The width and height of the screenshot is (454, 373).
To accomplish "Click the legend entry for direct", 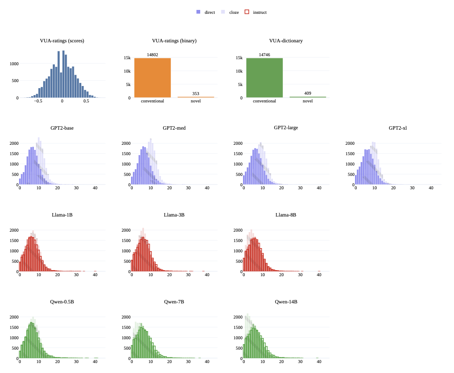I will coord(206,12).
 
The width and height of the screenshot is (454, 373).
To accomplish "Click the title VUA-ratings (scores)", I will coord(62,41).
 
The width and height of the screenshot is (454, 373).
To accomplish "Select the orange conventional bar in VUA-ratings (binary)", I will coord(152,78).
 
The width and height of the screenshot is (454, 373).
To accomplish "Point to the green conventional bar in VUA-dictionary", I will coord(264,78).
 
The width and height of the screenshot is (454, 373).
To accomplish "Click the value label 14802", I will coord(152,54).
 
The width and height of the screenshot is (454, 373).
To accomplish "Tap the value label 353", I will coord(195,93).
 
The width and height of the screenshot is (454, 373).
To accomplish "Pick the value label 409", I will coord(307,93).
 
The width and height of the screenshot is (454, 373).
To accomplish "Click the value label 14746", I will coord(264,54).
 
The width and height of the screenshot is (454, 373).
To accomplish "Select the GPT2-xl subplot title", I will coord(397,128).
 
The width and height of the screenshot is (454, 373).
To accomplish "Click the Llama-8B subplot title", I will coord(286,215).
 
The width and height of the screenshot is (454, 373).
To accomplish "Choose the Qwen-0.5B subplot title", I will coord(62,301).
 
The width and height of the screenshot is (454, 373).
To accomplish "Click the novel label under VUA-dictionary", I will coord(307,101).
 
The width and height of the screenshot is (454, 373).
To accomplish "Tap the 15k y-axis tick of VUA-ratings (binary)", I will coord(127,58).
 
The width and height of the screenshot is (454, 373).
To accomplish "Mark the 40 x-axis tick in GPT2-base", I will coord(95,188).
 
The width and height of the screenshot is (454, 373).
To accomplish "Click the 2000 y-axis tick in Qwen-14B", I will coord(238,317).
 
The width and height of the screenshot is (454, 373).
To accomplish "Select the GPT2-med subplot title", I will coord(174,128).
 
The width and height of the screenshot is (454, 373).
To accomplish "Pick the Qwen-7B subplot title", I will coord(174,301).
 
